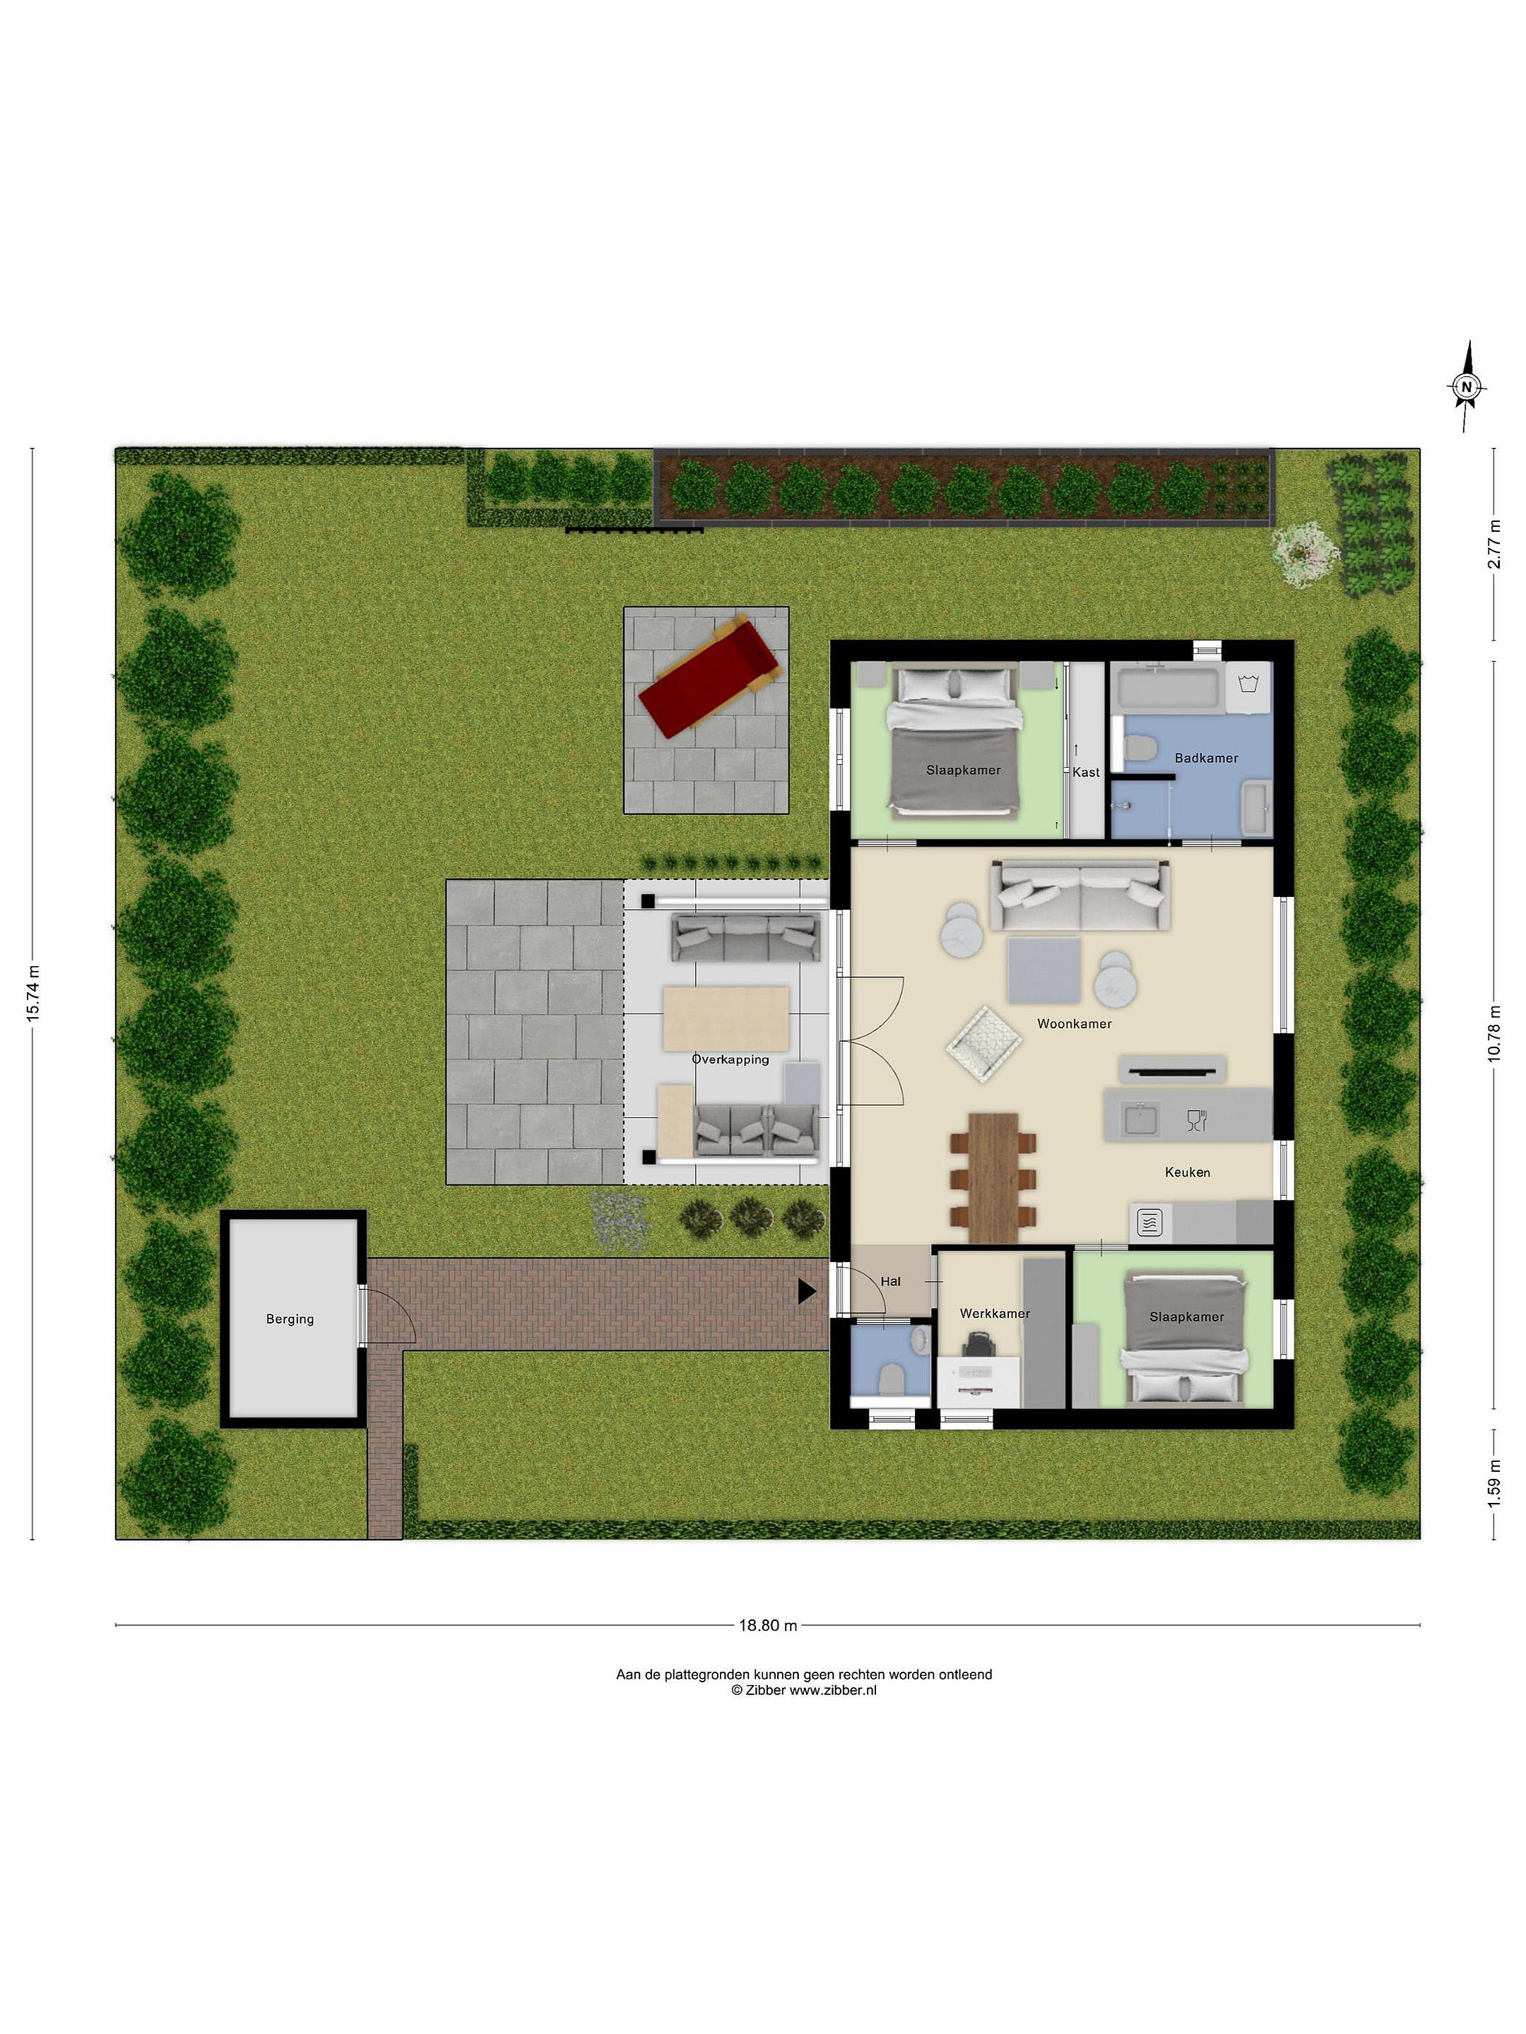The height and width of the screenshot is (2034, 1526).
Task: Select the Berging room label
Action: point(290,1319)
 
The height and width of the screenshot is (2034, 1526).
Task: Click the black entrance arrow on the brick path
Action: point(807,1291)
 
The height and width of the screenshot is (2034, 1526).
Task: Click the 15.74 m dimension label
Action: point(33,993)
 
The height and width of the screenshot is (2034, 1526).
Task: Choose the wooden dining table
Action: point(993,1177)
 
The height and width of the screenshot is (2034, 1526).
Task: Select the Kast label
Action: point(1085,773)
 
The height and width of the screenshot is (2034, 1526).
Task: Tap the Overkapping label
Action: point(731,1059)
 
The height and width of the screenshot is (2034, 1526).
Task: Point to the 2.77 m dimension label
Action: point(1495,545)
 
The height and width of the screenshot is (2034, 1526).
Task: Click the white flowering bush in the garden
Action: point(1304,552)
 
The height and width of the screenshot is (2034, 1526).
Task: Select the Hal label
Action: point(890,1281)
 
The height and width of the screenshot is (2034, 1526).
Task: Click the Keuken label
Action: point(1188,1172)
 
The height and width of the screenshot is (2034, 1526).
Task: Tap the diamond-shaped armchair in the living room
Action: point(983,1042)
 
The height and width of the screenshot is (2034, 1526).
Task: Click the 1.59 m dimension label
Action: point(1495,1482)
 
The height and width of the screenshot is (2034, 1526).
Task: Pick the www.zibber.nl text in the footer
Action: point(832,1690)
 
